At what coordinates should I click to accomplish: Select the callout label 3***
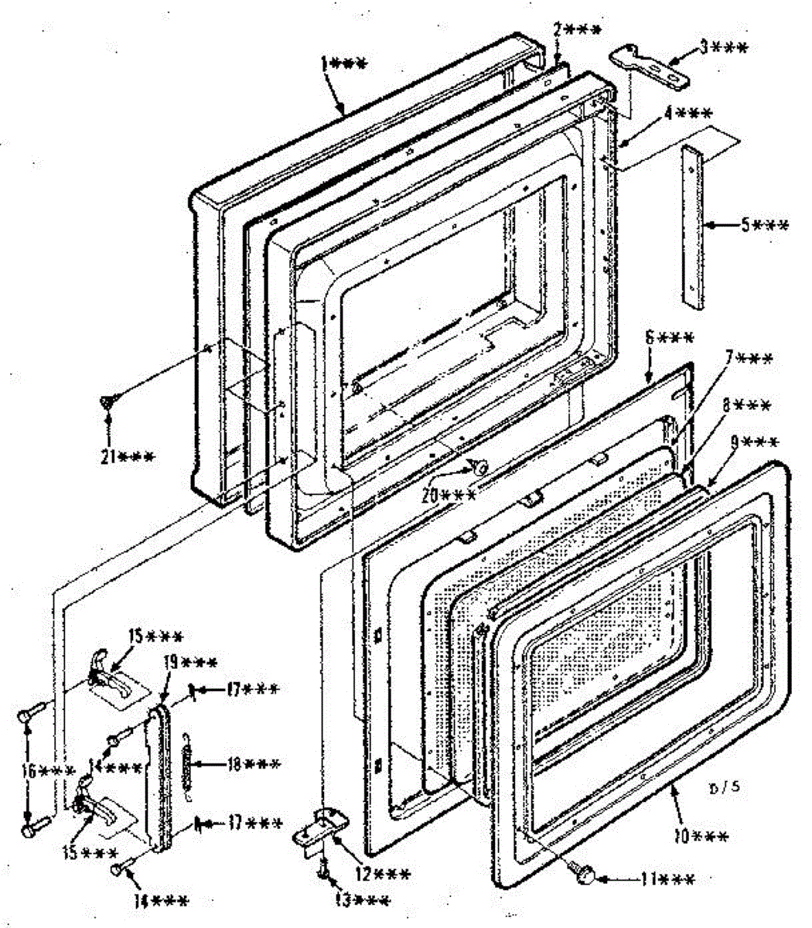pos(724,48)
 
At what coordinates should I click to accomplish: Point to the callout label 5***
pos(765,225)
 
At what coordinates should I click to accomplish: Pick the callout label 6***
pos(670,338)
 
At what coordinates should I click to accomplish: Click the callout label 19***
pos(190,662)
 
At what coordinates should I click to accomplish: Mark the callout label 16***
pos(52,772)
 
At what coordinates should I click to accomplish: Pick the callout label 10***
pos(704,836)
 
